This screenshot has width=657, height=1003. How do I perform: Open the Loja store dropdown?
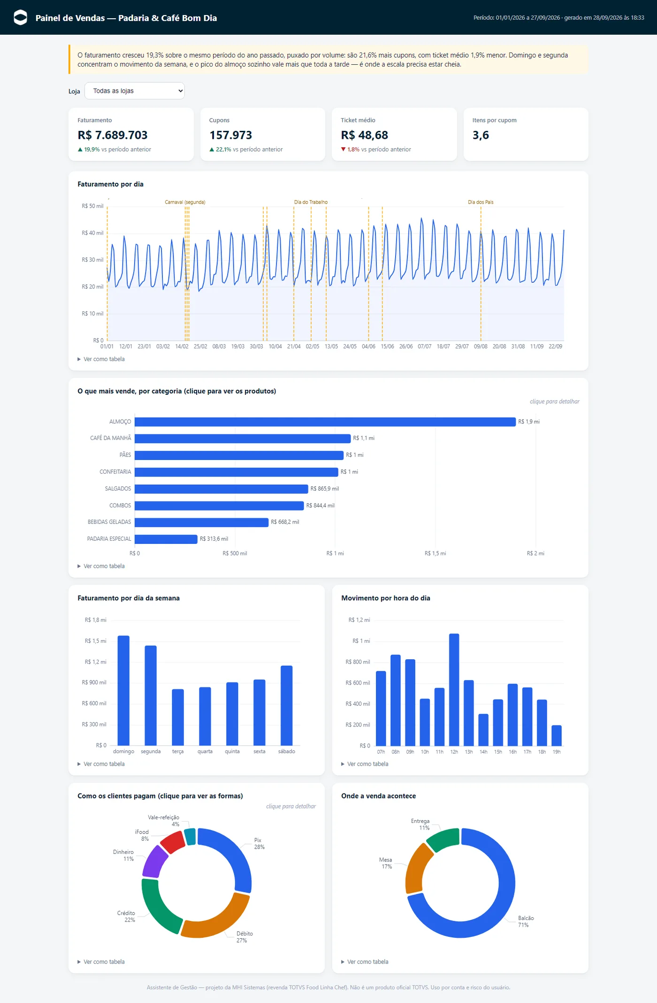click(x=134, y=91)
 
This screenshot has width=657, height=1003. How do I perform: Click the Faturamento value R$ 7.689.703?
click(x=113, y=135)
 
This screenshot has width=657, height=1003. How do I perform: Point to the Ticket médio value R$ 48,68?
click(x=364, y=135)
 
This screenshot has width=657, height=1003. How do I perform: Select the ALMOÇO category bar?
click(x=325, y=422)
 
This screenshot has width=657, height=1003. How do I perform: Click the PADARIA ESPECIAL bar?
click(x=166, y=539)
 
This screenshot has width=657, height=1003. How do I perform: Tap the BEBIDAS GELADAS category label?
click(x=109, y=522)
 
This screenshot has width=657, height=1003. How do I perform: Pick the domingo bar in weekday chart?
click(x=123, y=691)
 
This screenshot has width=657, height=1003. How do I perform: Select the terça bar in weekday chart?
click(x=178, y=717)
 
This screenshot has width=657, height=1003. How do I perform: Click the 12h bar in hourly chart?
click(x=454, y=690)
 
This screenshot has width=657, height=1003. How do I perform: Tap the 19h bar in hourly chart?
click(x=557, y=736)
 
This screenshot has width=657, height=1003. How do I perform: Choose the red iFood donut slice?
click(x=173, y=842)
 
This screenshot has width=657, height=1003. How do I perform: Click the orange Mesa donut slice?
click(x=417, y=867)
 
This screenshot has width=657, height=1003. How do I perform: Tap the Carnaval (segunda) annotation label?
click(x=185, y=202)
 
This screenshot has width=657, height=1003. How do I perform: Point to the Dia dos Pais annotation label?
click(x=481, y=202)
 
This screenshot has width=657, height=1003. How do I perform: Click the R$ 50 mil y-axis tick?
click(x=92, y=206)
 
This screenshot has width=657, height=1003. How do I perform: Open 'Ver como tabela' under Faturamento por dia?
click(x=104, y=359)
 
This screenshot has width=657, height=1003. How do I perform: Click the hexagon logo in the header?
click(x=21, y=17)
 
